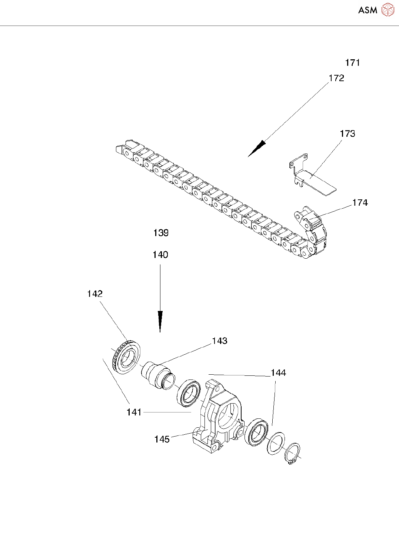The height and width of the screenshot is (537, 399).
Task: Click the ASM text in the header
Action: click(x=368, y=10)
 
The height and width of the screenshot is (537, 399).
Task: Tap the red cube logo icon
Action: click(x=388, y=10)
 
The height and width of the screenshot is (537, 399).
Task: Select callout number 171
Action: click(x=352, y=63)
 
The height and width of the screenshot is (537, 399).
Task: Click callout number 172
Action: click(x=336, y=78)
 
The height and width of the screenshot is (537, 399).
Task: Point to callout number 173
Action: click(x=348, y=134)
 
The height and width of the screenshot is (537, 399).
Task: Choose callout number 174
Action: click(x=360, y=203)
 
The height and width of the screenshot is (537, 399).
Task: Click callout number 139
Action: click(x=161, y=233)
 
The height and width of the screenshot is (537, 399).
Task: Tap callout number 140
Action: click(x=160, y=255)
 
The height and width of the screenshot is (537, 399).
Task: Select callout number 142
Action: click(x=95, y=294)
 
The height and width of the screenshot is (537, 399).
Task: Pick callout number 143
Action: click(x=220, y=341)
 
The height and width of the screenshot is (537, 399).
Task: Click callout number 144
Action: click(x=278, y=373)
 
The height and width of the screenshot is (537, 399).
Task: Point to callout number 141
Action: click(x=134, y=412)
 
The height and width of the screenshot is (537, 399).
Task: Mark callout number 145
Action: click(x=162, y=439)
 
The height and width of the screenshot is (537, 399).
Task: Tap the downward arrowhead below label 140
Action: click(x=160, y=321)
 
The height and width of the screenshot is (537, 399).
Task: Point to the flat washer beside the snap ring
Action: click(x=275, y=442)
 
